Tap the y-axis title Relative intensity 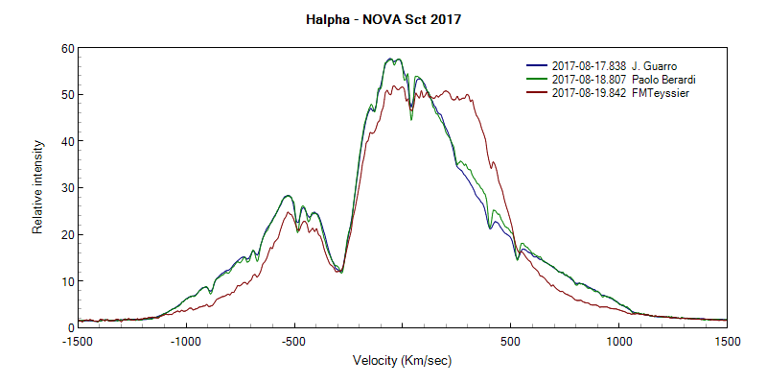[38, 187]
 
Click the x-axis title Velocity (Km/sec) [402, 361]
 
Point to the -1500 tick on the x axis [78, 341]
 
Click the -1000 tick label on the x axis [185, 341]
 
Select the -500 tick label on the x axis [293, 341]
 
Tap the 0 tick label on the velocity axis [403, 341]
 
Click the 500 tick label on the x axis [510, 341]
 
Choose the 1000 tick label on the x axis [618, 341]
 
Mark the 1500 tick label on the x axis [727, 341]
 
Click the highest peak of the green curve [390, 59]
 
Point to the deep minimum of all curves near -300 [340, 272]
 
